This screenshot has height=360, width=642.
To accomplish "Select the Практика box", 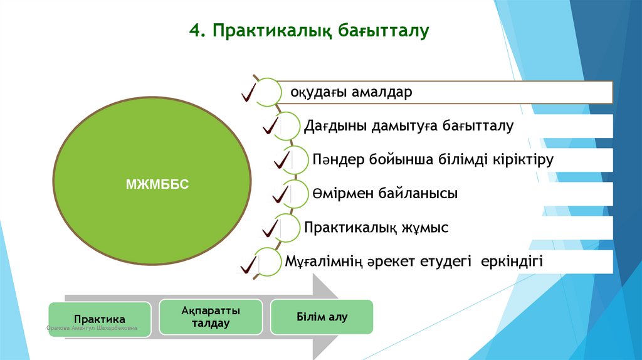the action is (100, 319).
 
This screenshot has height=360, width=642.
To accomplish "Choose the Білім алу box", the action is (322, 317).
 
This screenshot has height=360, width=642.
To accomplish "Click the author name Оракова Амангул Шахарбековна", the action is (92, 329).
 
